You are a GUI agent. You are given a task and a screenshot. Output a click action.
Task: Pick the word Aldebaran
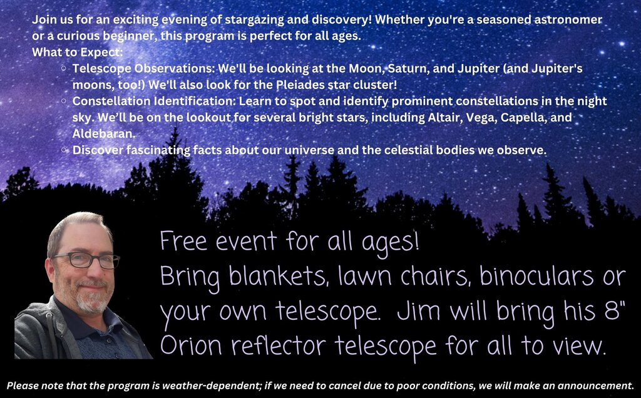pos(104,134)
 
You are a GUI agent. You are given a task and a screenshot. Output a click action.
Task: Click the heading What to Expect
pos(77,53)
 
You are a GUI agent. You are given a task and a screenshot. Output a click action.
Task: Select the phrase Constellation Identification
pos(154,101)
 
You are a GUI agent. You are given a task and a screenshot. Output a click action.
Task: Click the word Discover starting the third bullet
pos(98,150)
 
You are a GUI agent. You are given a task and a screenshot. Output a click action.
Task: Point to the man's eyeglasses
pos(86,260)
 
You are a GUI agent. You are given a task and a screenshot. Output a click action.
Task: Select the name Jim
pos(419,312)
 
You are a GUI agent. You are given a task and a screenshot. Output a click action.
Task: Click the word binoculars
pos(536,276)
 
